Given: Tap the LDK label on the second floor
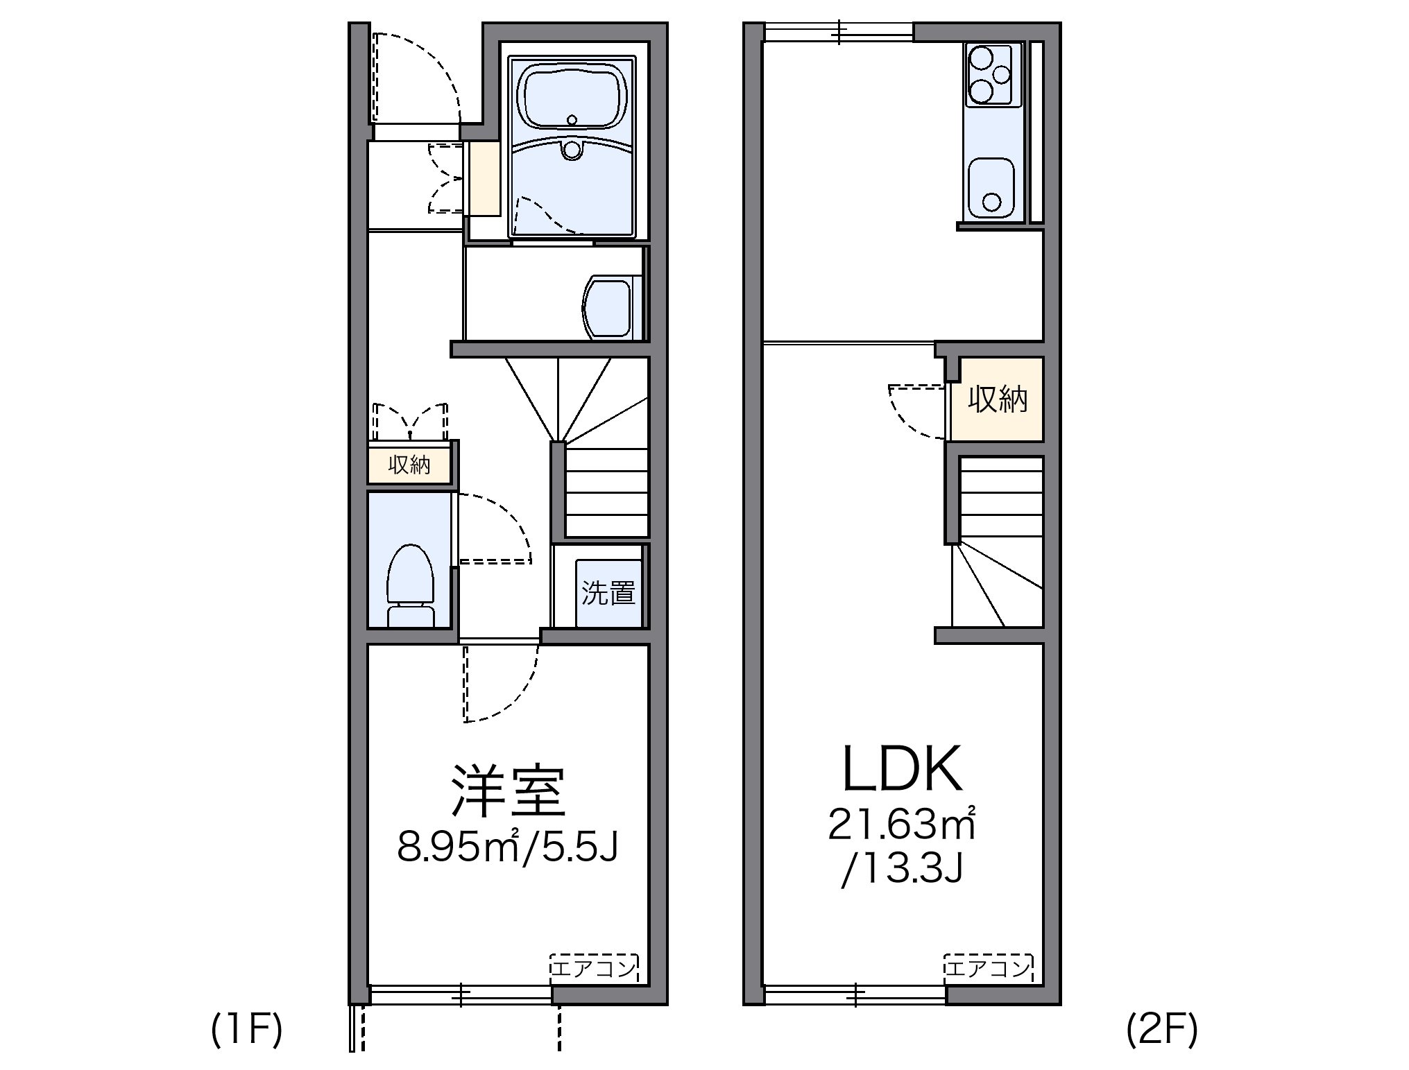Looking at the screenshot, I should click(902, 769).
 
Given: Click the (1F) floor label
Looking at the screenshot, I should click(247, 1030).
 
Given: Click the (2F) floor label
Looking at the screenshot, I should click(1161, 1030).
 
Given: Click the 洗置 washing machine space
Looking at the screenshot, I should click(608, 592).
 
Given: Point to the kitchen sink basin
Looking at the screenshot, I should click(991, 186).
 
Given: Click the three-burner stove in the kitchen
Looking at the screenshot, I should click(993, 75).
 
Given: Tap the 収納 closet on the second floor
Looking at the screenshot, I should click(997, 399).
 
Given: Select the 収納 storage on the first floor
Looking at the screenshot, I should click(409, 465).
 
